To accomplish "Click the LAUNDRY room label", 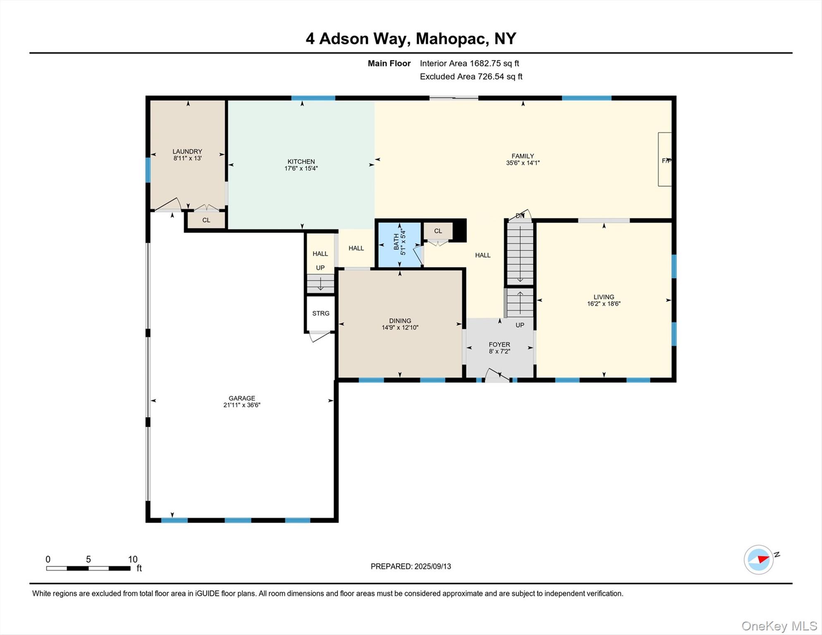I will pyautogui.click(x=187, y=151).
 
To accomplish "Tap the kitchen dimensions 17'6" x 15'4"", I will pyautogui.click(x=301, y=168).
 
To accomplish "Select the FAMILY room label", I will pyautogui.click(x=523, y=156).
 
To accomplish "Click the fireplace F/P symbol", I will pyautogui.click(x=665, y=160).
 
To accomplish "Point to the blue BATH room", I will pyautogui.click(x=399, y=245).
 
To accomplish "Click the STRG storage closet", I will pyautogui.click(x=320, y=313).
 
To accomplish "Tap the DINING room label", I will pyautogui.click(x=400, y=320).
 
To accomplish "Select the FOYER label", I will pyautogui.click(x=499, y=344).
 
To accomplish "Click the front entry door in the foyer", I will pyautogui.click(x=497, y=375).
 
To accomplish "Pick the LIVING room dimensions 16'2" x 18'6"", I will pyautogui.click(x=604, y=304).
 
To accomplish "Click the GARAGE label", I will pyautogui.click(x=242, y=398).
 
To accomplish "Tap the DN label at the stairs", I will pyautogui.click(x=520, y=216).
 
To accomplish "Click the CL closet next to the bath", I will pyautogui.click(x=438, y=231).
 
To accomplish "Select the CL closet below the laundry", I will pyautogui.click(x=206, y=220).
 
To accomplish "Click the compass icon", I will pyautogui.click(x=759, y=559).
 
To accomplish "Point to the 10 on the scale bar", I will pyautogui.click(x=132, y=559).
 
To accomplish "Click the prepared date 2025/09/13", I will pyautogui.click(x=433, y=566).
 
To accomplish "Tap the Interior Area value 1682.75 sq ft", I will pyautogui.click(x=494, y=63).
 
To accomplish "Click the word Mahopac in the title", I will pyautogui.click(x=450, y=38).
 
